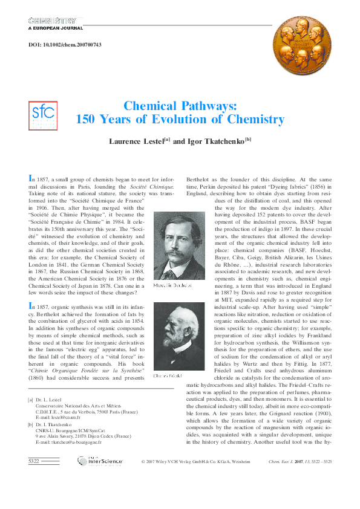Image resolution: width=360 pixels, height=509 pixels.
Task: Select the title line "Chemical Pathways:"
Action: click(179, 105)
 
